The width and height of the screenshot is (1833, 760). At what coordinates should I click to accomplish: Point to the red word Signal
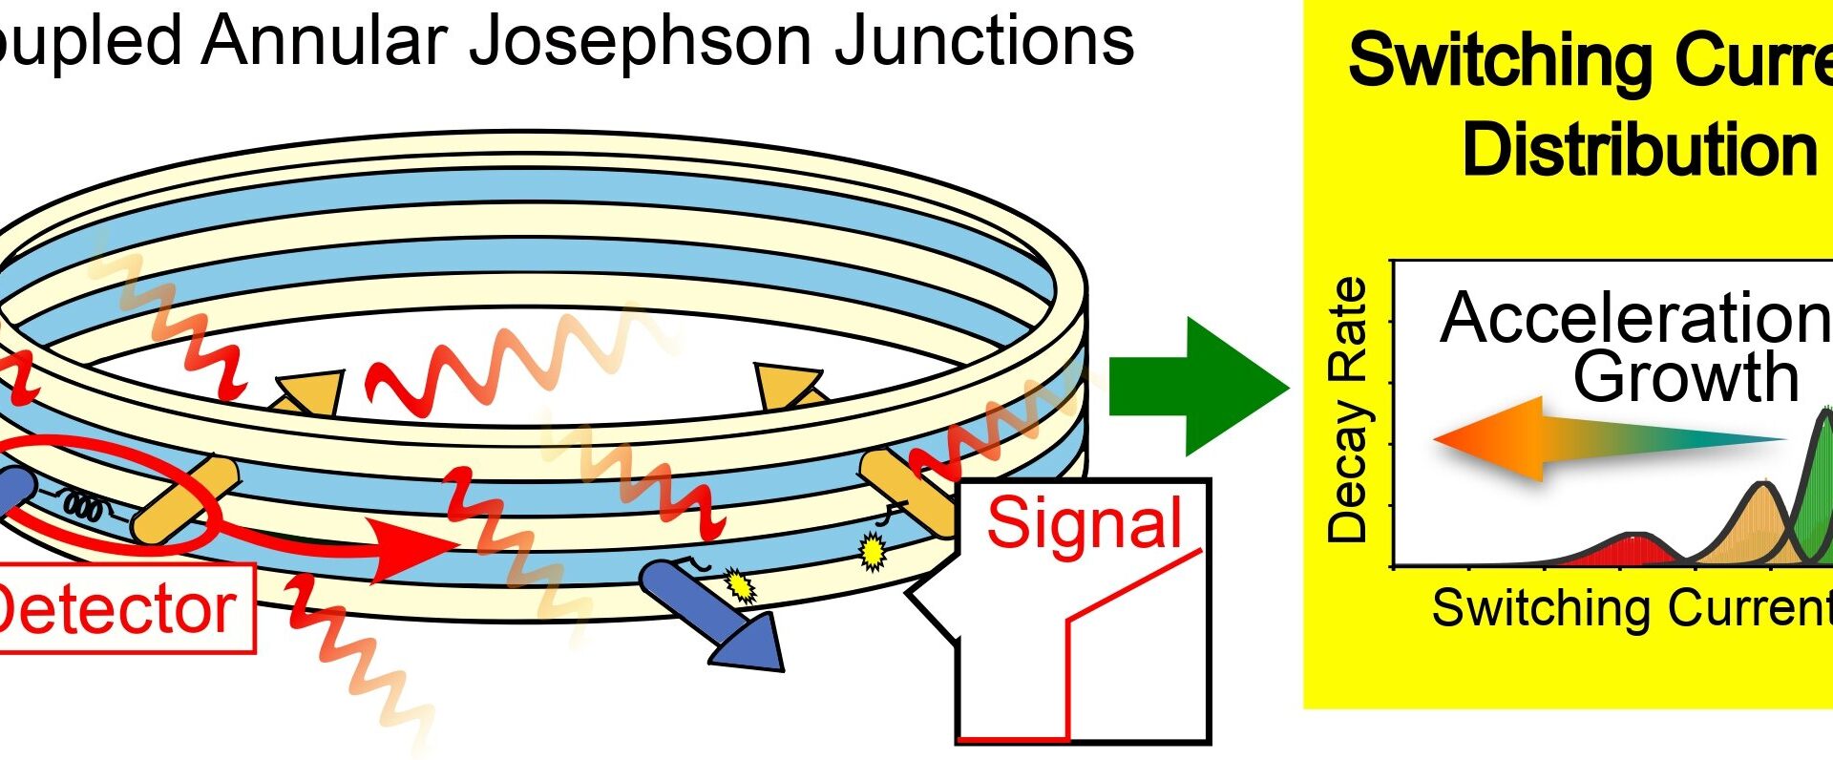1084,523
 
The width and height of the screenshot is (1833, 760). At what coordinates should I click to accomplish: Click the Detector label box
119,608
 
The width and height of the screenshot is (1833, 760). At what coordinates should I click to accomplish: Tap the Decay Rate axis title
1348,411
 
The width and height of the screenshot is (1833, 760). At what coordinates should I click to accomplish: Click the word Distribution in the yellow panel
1638,150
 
